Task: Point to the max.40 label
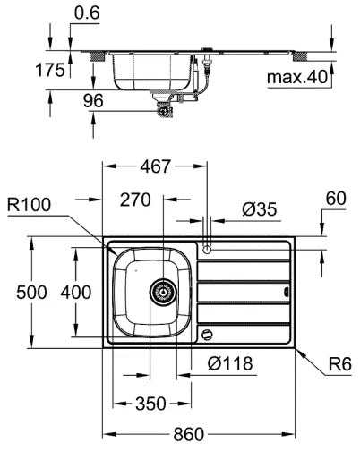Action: point(299,78)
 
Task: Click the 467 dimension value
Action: point(156,166)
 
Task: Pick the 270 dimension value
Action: point(134,201)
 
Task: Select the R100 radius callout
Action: point(31,205)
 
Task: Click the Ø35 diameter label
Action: point(260,210)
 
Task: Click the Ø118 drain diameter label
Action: point(228,363)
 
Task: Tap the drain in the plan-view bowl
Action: point(162,290)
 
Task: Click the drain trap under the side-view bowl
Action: point(164,108)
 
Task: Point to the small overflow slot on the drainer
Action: point(287,291)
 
